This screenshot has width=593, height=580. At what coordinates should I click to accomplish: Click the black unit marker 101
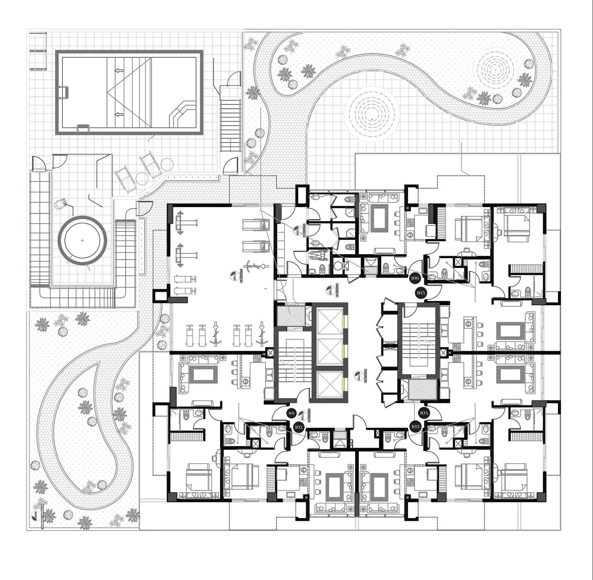coord(292,413)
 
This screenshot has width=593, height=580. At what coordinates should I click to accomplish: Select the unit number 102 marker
coord(299,427)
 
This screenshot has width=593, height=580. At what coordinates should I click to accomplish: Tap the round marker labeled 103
coord(415,427)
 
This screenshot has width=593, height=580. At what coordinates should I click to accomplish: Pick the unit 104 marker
coord(424,413)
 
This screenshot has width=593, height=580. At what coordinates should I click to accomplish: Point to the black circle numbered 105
coord(421,293)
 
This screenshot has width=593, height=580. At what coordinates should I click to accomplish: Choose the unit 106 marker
coord(415,278)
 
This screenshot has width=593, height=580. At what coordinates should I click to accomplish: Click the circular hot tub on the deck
coord(82,240)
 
